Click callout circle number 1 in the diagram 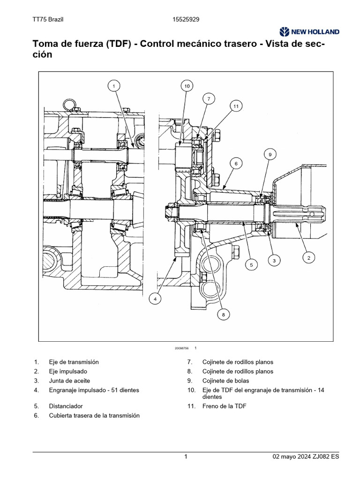point(113,85)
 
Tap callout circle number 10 point(187,86)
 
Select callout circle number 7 point(209,98)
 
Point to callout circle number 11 point(236,106)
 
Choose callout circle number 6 point(236,163)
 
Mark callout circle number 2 point(308,256)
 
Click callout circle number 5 point(251,265)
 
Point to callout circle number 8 point(224,315)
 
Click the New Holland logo point(309,32)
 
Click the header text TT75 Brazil point(48,19)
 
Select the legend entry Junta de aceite point(69,381)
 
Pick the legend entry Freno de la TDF point(224,406)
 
